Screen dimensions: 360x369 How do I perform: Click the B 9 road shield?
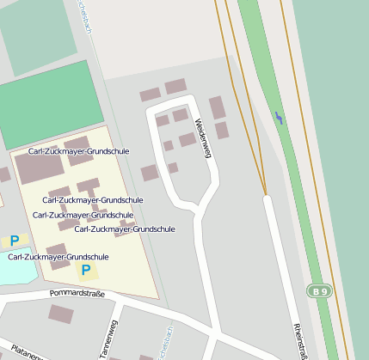pos(320,291)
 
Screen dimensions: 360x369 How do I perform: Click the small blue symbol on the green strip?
pos(278,117)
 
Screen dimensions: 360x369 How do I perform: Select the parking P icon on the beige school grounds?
pos(85,270)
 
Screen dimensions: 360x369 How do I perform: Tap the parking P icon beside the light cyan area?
pos(14,241)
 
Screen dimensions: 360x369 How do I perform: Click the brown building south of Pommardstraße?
pos(60,314)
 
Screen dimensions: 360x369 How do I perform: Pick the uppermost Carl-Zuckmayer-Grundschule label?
pos(78,151)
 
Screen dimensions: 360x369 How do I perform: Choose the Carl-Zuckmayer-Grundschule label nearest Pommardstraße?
pos(58,256)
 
